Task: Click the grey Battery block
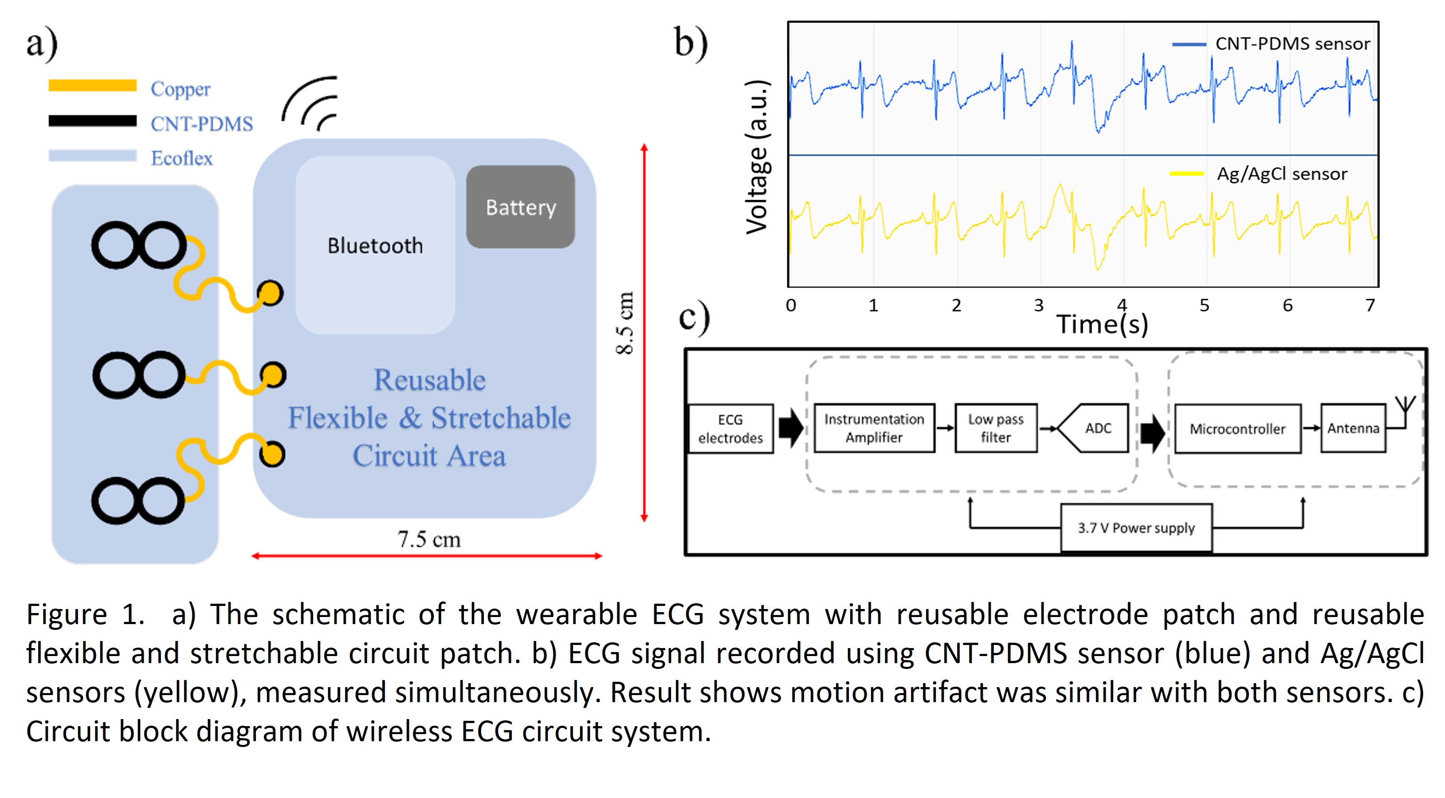pos(521,207)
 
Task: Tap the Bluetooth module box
pos(375,245)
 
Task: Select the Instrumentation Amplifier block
pos(874,428)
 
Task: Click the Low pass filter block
pos(996,428)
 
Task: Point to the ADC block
pos(1097,428)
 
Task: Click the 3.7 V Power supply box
pos(1136,527)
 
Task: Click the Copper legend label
pos(180,89)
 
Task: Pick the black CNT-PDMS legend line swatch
pos(93,121)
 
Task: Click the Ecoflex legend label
pos(182,158)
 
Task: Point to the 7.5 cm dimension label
pos(429,539)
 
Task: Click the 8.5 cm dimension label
pos(625,322)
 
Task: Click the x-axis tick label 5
pos(1204,305)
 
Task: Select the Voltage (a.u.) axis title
pos(757,157)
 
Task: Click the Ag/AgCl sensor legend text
pos(1282,174)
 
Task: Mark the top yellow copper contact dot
pos(271,293)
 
